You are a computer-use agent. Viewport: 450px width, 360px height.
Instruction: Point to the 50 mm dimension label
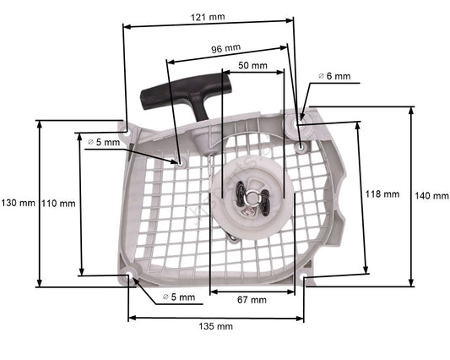(x=252, y=65)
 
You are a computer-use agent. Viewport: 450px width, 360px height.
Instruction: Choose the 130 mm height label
(x=18, y=203)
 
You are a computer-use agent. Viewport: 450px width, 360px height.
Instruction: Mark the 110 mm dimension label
(x=57, y=203)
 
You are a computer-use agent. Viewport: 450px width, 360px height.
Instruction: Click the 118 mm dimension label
(x=382, y=194)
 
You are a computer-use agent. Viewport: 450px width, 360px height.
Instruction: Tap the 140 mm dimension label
(x=432, y=195)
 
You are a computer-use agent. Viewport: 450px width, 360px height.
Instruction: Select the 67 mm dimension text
(x=251, y=299)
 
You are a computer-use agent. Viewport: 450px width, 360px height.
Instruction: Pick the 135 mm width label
(x=217, y=326)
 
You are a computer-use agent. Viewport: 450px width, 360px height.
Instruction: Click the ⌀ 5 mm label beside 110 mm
(x=104, y=142)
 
